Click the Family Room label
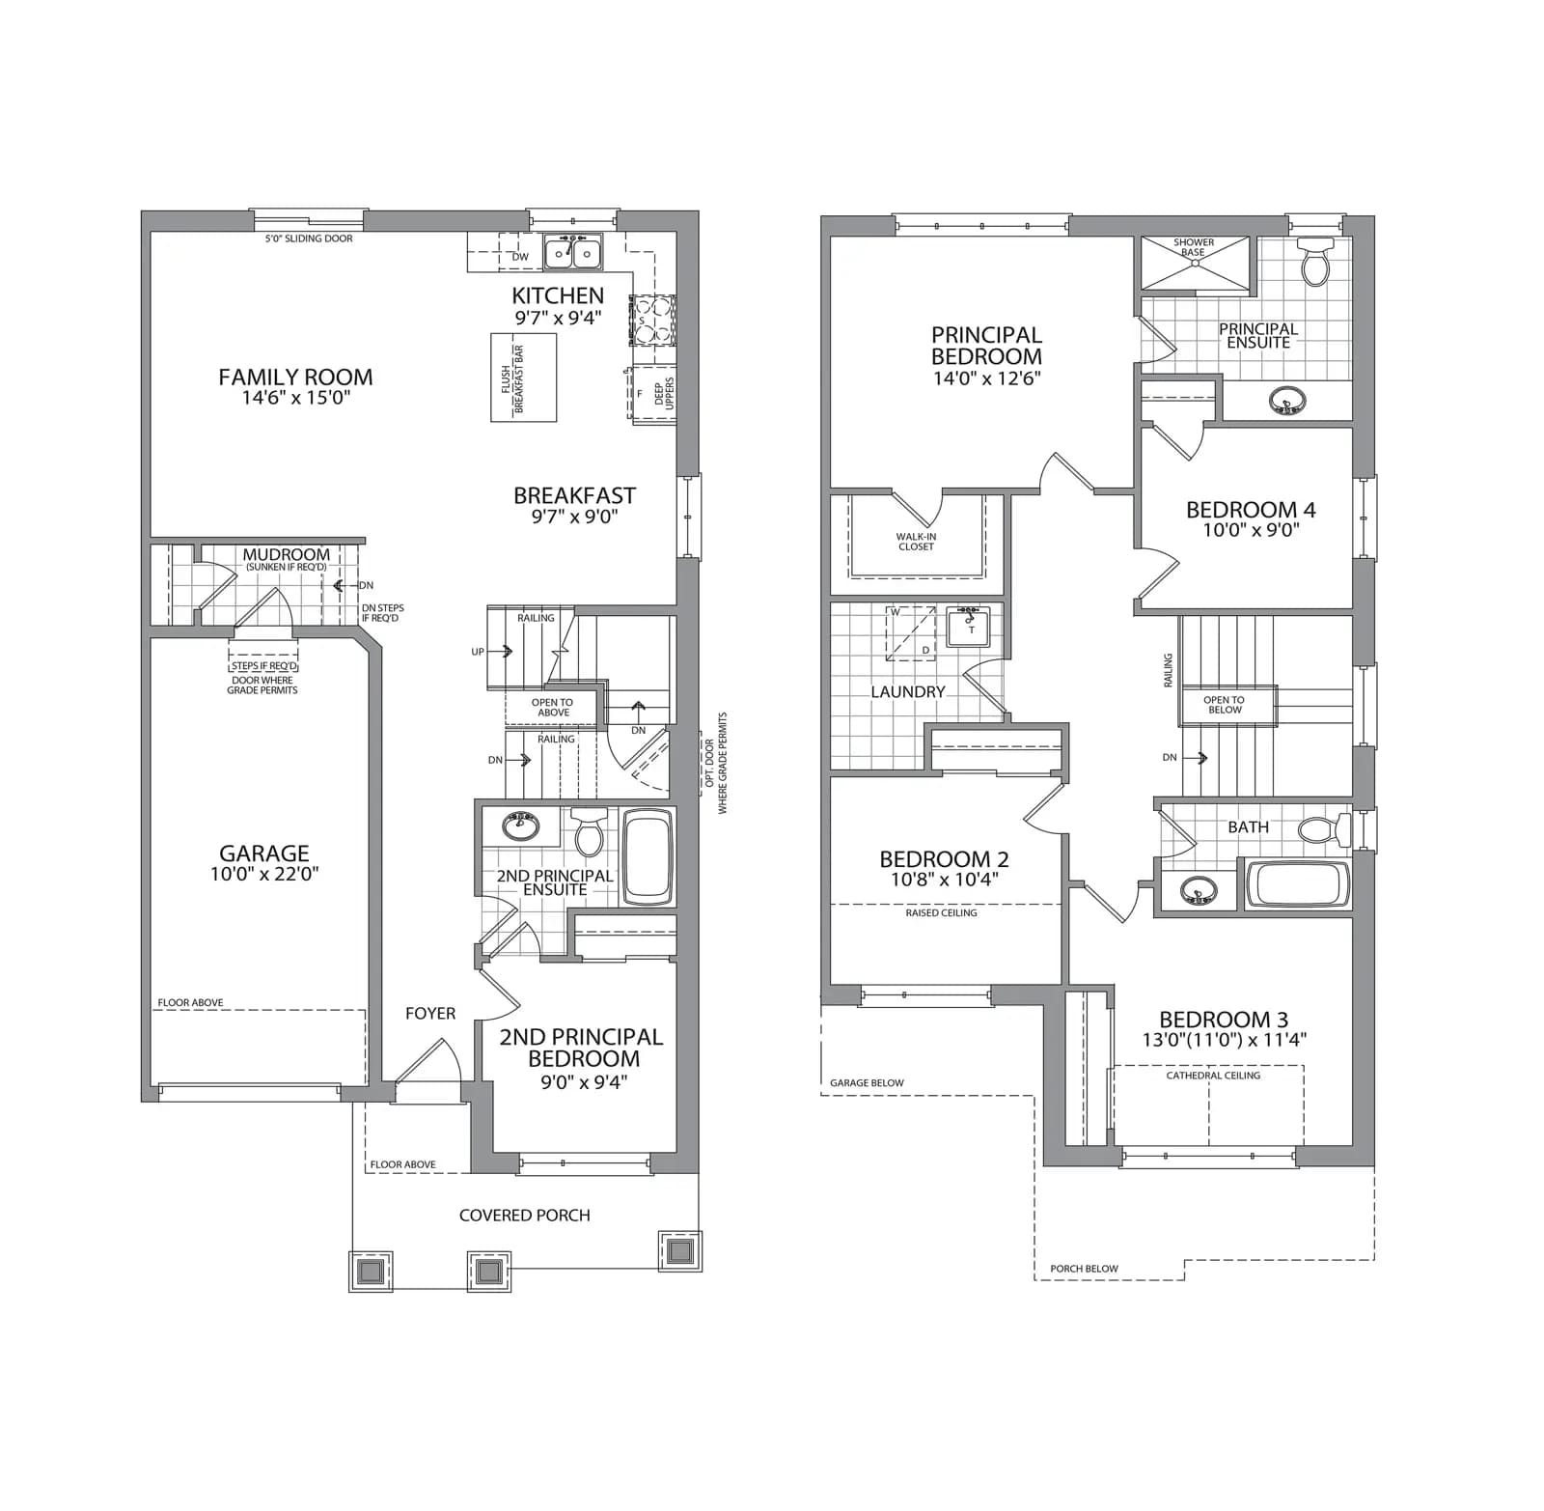(295, 378)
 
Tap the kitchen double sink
(572, 253)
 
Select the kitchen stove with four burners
(652, 320)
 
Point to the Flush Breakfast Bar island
(524, 378)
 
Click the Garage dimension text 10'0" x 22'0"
(264, 875)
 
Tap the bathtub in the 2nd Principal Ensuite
(648, 857)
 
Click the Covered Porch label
(525, 1216)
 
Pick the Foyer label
(430, 1014)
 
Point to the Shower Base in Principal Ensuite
(1195, 263)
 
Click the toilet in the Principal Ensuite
(1316, 262)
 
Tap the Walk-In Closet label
(916, 542)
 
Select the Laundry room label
(908, 692)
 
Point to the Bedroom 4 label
(1251, 510)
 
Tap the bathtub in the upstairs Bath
(1299, 883)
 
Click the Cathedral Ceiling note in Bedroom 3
(1213, 1076)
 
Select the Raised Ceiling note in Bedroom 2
(941, 913)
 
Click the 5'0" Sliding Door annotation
(309, 238)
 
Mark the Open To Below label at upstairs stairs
(1225, 705)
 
